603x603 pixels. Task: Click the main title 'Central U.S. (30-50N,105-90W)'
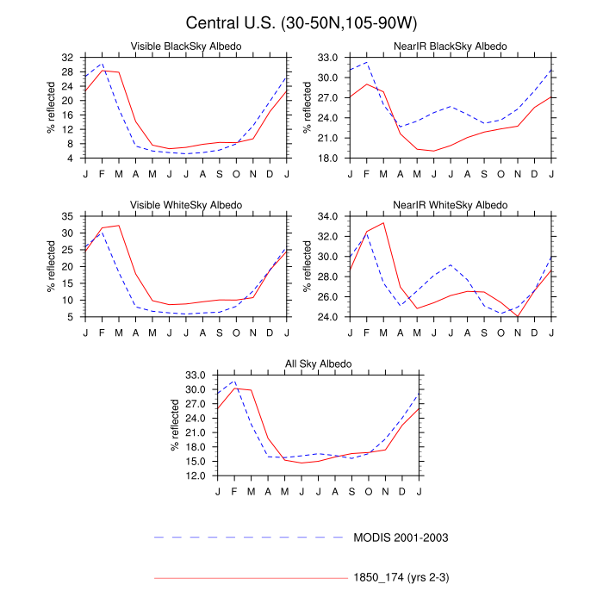[301, 22]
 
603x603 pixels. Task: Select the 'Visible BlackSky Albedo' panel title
[186, 46]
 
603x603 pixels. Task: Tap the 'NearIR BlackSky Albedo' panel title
[451, 46]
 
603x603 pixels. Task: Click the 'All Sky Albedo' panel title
[319, 364]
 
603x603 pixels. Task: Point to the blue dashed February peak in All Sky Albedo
[234, 381]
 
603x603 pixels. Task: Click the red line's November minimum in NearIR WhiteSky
[519, 316]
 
